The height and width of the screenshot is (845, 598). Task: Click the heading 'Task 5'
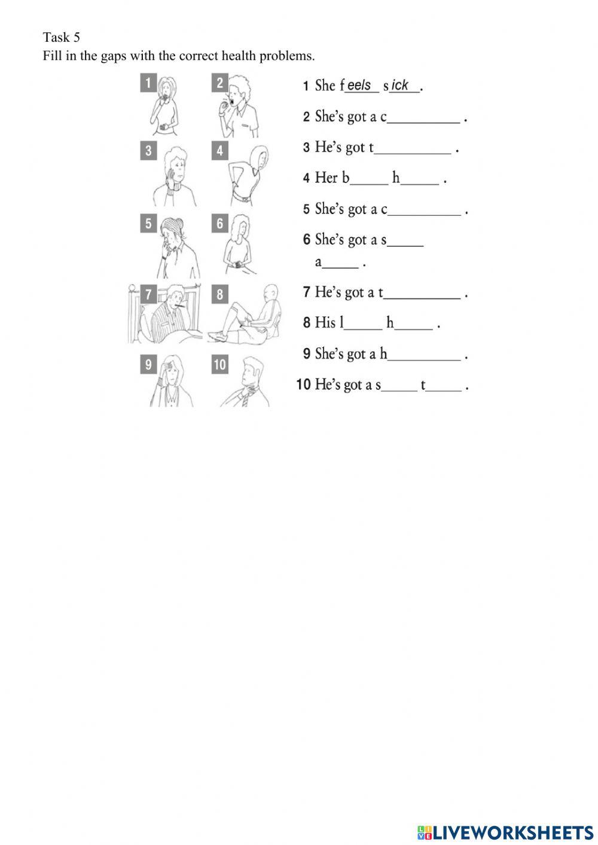[x=61, y=37]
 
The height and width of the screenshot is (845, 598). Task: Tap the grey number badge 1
[x=148, y=83]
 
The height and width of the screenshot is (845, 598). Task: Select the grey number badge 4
[x=219, y=151]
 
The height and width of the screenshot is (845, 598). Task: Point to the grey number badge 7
[x=148, y=294]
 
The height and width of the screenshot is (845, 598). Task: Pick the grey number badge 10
[x=219, y=364]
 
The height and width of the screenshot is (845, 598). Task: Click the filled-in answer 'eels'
[x=359, y=86]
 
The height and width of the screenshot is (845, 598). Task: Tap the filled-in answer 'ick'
[x=400, y=86]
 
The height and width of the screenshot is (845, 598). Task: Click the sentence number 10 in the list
[x=304, y=385]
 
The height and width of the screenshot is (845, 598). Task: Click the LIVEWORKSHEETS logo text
[x=512, y=832]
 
